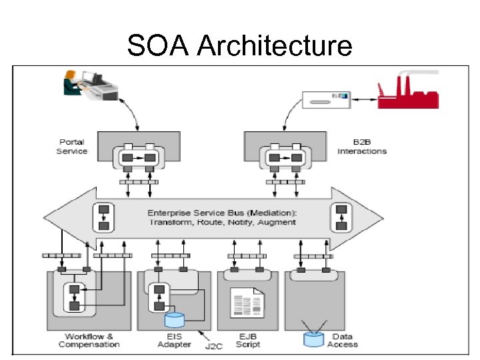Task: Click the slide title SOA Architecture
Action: point(239,46)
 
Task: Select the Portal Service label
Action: point(73,147)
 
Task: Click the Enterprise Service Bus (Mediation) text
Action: point(221,213)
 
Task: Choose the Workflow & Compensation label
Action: point(89,340)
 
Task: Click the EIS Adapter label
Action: point(174,340)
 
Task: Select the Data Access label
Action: point(343,340)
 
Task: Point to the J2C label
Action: point(213,347)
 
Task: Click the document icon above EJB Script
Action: point(246,303)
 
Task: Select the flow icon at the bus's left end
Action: point(104,217)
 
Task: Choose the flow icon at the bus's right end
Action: point(341,217)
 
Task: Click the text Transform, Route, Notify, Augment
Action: point(221,222)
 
